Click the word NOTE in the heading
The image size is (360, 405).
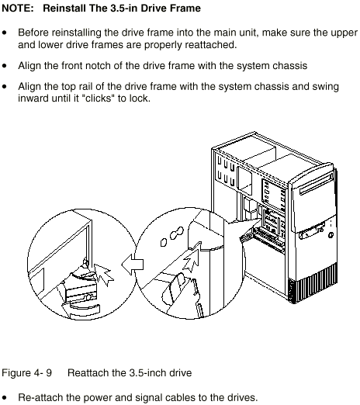pyautogui.click(x=18, y=9)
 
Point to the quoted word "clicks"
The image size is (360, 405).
pyautogui.click(x=99, y=99)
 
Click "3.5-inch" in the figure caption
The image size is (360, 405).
pyautogui.click(x=147, y=373)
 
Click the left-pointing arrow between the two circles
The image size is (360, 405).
pyautogui.click(x=132, y=264)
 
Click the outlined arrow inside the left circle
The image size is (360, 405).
pyautogui.click(x=103, y=274)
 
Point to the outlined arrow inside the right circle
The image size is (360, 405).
pyautogui.click(x=192, y=257)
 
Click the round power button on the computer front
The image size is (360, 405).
pyautogui.click(x=331, y=235)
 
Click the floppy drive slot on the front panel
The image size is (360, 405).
pyautogui.click(x=311, y=231)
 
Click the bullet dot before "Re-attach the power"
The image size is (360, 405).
pyautogui.click(x=5, y=397)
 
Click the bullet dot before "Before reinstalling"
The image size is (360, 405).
pyautogui.click(x=5, y=33)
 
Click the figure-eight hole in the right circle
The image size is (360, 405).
pyautogui.click(x=177, y=233)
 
